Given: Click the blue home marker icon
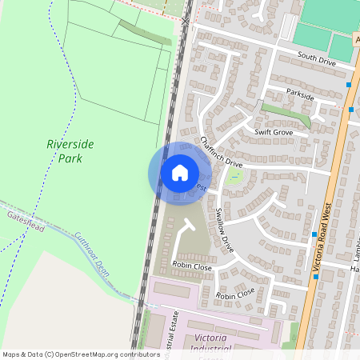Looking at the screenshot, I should [179, 173].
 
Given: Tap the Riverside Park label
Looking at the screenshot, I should [70, 150].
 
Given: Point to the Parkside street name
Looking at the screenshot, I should [300, 95].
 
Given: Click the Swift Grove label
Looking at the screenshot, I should [273, 132].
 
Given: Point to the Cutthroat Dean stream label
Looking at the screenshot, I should [91, 254].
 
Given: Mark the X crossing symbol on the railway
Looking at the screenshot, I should [186, 20].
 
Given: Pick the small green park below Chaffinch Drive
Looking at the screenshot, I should [234, 175].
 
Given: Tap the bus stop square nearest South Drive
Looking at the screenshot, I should [350, 83].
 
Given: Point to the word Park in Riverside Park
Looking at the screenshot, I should [70, 158].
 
